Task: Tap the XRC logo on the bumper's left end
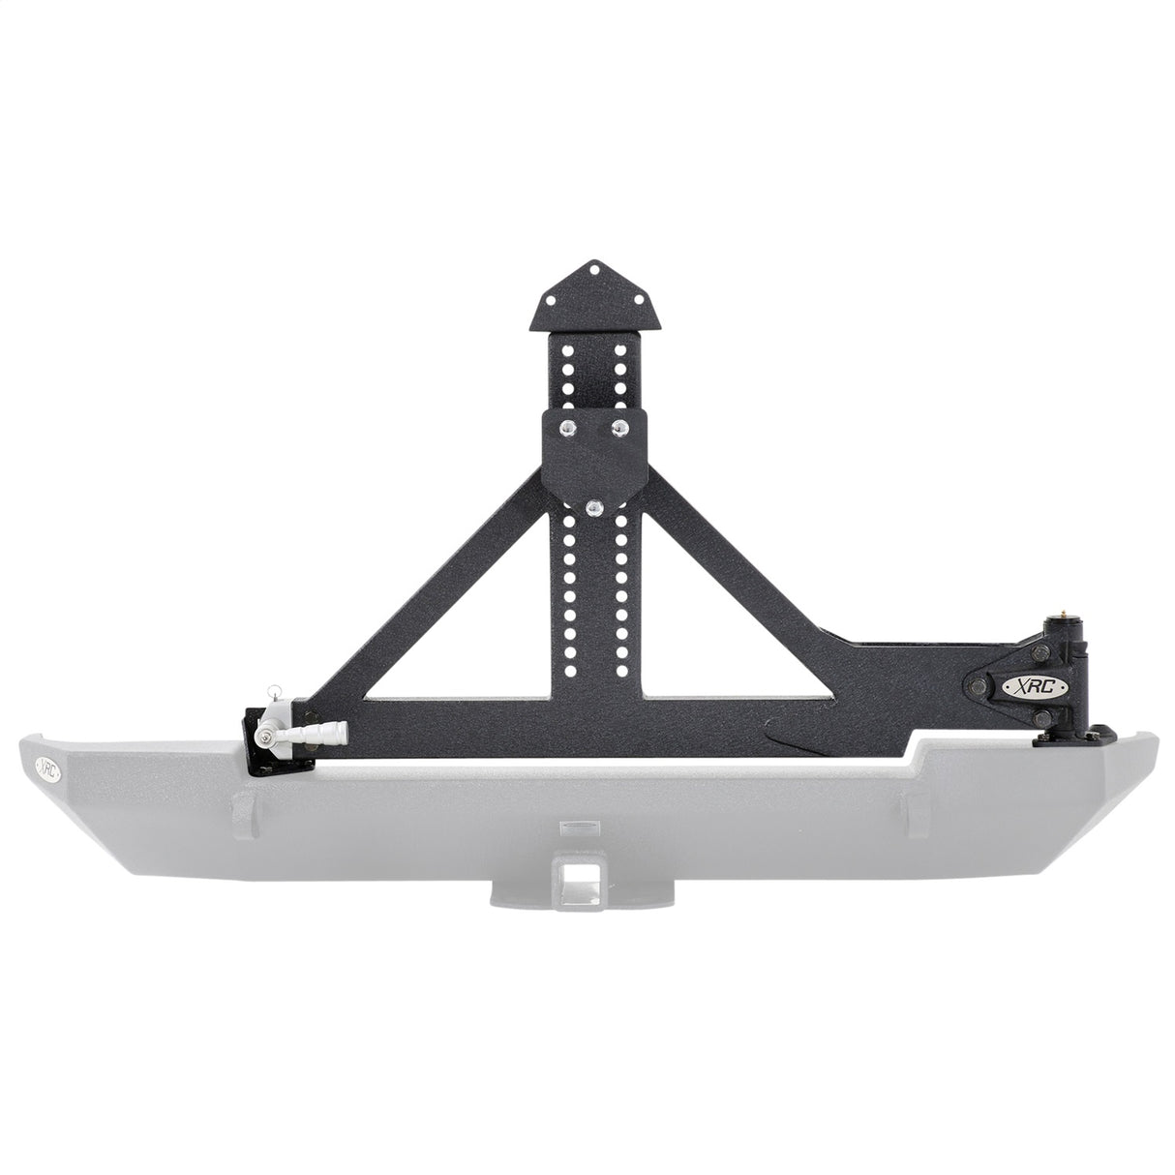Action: pyautogui.click(x=46, y=768)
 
